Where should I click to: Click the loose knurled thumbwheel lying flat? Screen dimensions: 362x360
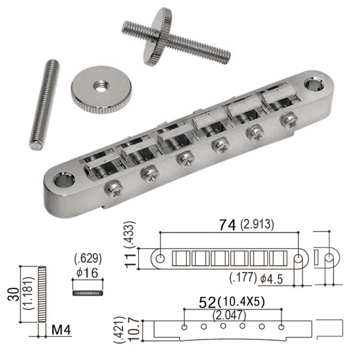tap(101, 90)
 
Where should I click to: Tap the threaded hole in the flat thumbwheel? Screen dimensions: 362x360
tap(101, 86)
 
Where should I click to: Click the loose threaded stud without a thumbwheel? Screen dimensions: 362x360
tap(45, 105)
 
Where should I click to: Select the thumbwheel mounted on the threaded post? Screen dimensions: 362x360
tap(157, 37)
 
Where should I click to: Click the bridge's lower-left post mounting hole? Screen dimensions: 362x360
tap(65, 180)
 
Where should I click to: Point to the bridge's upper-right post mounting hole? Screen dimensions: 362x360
tap(314, 84)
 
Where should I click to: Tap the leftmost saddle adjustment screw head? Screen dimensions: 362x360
tap(114, 189)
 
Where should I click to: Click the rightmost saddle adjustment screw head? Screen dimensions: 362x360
tap(289, 121)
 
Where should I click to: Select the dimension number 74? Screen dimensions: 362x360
tap(228, 224)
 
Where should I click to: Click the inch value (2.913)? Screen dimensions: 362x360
tap(257, 224)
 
